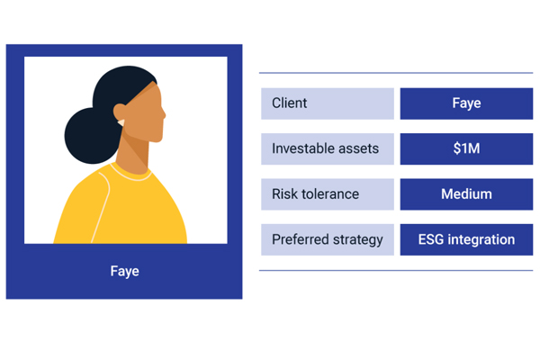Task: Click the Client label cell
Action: [328, 103]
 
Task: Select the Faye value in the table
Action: [466, 103]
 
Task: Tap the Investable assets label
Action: [325, 148]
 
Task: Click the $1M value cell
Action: [466, 148]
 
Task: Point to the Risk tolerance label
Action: [315, 194]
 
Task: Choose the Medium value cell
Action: [466, 194]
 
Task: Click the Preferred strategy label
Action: [328, 239]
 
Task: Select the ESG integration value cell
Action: [466, 239]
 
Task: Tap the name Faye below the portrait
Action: [125, 271]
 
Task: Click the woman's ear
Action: [119, 113]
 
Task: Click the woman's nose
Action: [163, 114]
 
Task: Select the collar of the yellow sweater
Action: [130, 174]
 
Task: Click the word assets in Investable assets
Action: [358, 148]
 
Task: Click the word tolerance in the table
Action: [330, 194]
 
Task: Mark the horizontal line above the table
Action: [396, 73]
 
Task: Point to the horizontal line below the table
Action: [396, 270]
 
